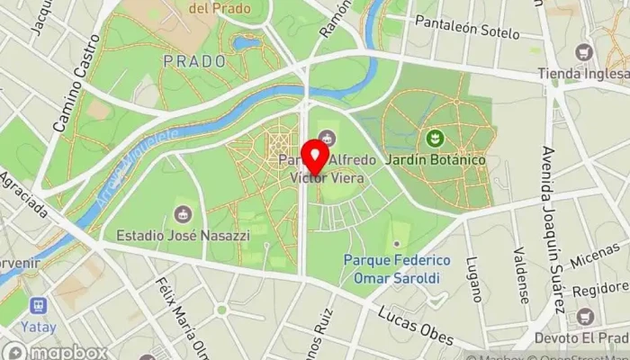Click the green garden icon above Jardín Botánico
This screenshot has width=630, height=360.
click(436, 139)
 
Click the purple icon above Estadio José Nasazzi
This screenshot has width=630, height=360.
click(183, 214)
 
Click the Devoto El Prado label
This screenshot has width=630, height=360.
click(585, 337)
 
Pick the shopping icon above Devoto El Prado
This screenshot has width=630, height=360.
click(585, 317)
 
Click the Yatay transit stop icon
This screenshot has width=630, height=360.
click(38, 307)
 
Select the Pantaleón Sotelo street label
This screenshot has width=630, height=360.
click(467, 31)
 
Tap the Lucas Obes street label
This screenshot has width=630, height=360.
click(415, 323)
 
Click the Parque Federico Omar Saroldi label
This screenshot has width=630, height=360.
click(397, 269)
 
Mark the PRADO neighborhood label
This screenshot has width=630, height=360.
click(193, 61)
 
